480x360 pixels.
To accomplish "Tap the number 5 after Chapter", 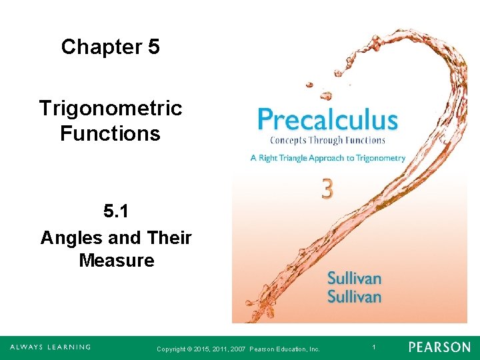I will coord(153,47).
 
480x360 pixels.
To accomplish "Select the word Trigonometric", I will coord(111,108).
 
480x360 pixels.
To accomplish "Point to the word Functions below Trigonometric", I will coord(111,133).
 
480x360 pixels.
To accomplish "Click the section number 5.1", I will coord(116,212).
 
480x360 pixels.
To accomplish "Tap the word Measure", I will coord(117,260).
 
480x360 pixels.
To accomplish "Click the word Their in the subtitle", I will coord(169,237).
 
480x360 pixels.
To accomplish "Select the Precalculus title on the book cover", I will coord(327,121).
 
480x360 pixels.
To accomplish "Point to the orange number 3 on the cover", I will coord(327,189).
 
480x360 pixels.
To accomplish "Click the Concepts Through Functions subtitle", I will coord(327,140).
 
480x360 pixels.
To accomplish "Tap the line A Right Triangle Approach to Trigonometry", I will coord(327,158).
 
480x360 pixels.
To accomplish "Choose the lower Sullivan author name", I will coord(354,296).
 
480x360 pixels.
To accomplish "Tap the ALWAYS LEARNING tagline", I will coord(50,347).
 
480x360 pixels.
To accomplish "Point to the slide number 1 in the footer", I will coord(374,347).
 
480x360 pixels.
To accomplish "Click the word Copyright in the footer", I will coord(170,349).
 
